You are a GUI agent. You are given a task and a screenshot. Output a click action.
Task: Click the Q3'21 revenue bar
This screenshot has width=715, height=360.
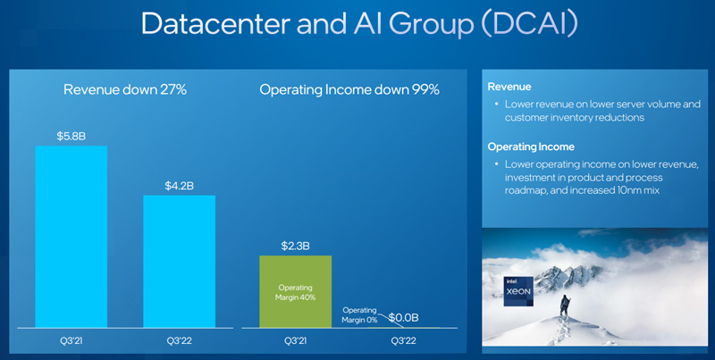click(71, 237)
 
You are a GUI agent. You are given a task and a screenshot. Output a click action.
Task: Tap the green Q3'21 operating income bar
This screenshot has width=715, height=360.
click(296, 291)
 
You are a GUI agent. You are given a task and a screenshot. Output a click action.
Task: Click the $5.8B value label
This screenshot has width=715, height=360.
click(71, 136)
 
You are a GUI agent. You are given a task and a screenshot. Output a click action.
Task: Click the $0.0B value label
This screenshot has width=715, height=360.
click(405, 316)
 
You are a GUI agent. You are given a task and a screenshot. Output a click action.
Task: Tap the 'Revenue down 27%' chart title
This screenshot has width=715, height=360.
click(125, 89)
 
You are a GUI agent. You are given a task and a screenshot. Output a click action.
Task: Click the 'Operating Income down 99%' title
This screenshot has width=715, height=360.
click(349, 89)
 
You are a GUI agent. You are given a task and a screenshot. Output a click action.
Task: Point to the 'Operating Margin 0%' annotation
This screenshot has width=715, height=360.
click(361, 314)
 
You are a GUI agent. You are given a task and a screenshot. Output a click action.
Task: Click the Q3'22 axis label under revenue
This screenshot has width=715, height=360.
click(180, 339)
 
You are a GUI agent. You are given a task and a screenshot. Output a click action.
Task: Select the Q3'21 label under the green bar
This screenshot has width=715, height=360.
click(296, 339)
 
